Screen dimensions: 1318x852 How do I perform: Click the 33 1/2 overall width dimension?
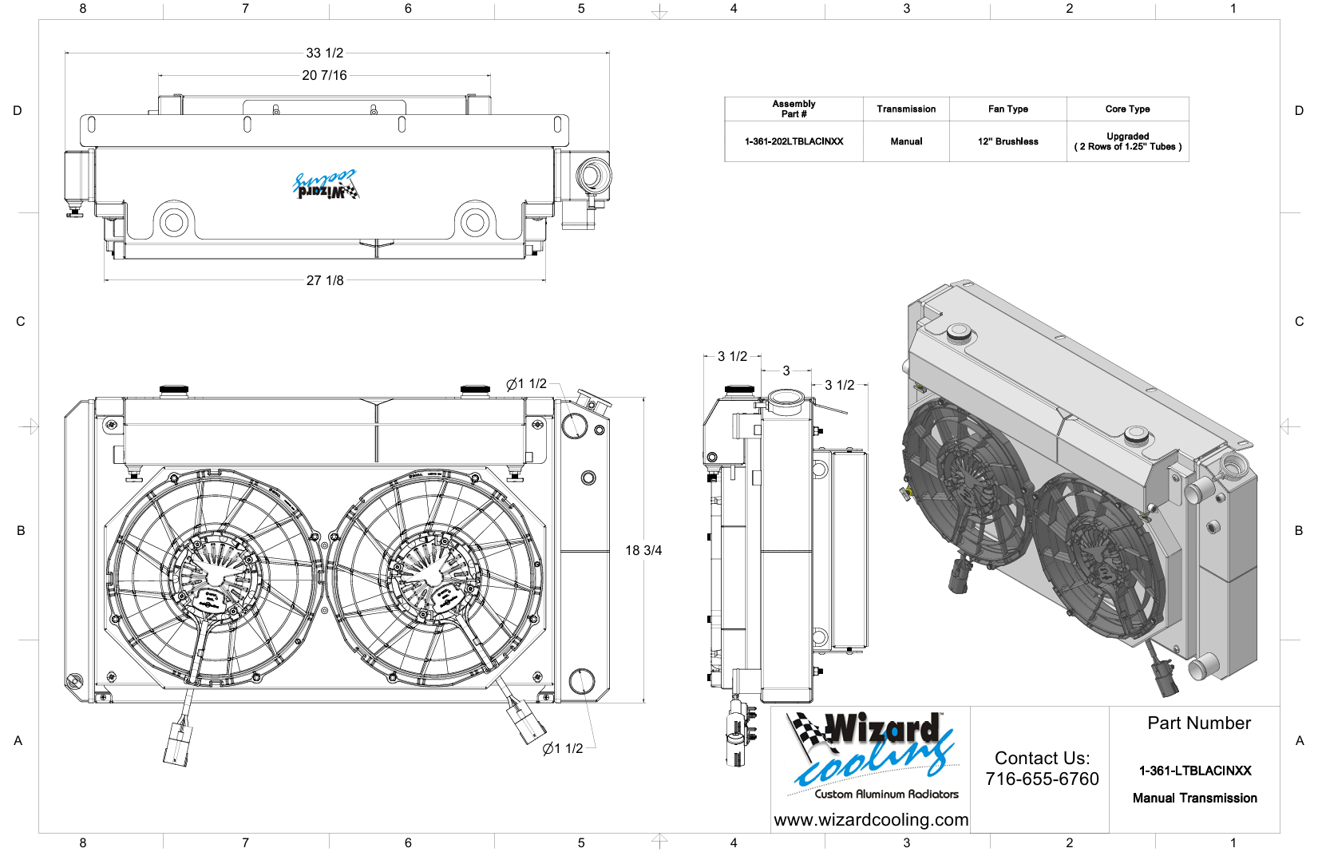[324, 53]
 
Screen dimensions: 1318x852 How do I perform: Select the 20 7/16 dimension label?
[324, 75]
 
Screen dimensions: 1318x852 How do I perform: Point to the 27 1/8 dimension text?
[325, 280]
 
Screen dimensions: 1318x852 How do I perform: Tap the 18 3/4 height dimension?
[643, 550]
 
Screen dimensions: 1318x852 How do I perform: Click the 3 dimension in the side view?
[786, 371]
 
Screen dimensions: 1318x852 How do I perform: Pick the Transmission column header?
[906, 109]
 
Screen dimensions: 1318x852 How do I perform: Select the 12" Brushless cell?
[1008, 141]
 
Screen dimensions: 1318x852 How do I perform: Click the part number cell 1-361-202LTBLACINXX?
[794, 141]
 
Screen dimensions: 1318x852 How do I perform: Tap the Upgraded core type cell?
[1127, 141]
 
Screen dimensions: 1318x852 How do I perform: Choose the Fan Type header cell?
[1008, 109]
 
